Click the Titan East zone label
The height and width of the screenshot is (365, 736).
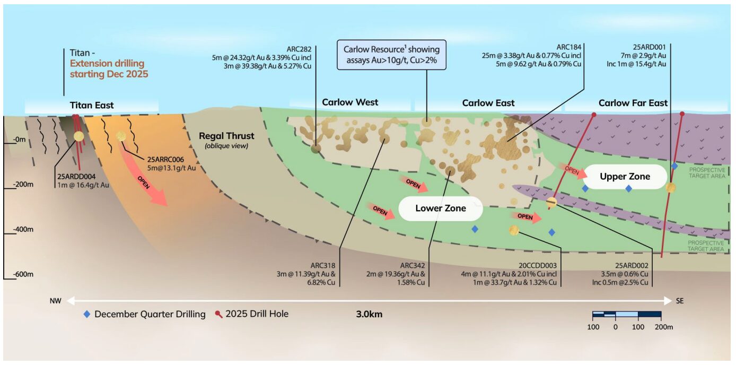coord(91,106)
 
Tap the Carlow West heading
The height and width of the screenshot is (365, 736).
coord(350,102)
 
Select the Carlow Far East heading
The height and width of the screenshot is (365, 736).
coord(633,103)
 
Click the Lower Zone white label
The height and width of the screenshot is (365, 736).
coord(440,208)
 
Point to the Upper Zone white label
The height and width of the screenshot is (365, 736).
coord(625,177)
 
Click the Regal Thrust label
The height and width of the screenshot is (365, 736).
coord(226,136)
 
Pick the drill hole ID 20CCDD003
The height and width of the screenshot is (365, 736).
coord(536,265)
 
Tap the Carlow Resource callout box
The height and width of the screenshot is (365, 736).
coord(391,55)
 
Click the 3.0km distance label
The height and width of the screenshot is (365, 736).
coord(369,314)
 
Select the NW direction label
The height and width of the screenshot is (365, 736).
coord(56,301)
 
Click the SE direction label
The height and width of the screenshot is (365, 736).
coord(680,301)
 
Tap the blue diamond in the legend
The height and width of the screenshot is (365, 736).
coord(87,314)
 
